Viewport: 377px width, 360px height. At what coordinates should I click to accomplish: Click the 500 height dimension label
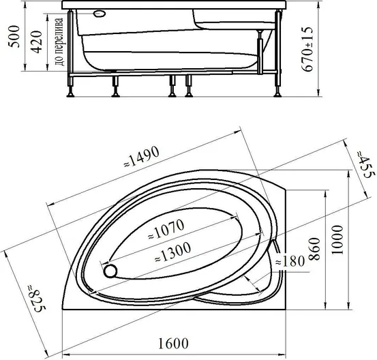pyautogui.click(x=14, y=37)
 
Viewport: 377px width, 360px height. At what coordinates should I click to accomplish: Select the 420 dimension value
pyautogui.click(x=36, y=42)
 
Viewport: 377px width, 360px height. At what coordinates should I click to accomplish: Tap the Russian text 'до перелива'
pyautogui.click(x=59, y=42)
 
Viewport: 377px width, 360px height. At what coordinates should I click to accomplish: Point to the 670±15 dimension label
pyautogui.click(x=307, y=49)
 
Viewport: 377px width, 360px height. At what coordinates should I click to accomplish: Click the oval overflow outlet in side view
pyautogui.click(x=100, y=14)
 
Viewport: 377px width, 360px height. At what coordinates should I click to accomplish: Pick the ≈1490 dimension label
pyautogui.click(x=142, y=157)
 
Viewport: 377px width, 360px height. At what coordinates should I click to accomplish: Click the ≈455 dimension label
pyautogui.click(x=365, y=164)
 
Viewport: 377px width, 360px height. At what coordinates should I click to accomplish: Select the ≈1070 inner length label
pyautogui.click(x=166, y=228)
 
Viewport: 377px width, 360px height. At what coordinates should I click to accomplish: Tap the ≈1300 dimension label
pyautogui.click(x=173, y=252)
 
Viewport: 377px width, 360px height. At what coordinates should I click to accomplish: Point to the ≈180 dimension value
pyautogui.click(x=290, y=260)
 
